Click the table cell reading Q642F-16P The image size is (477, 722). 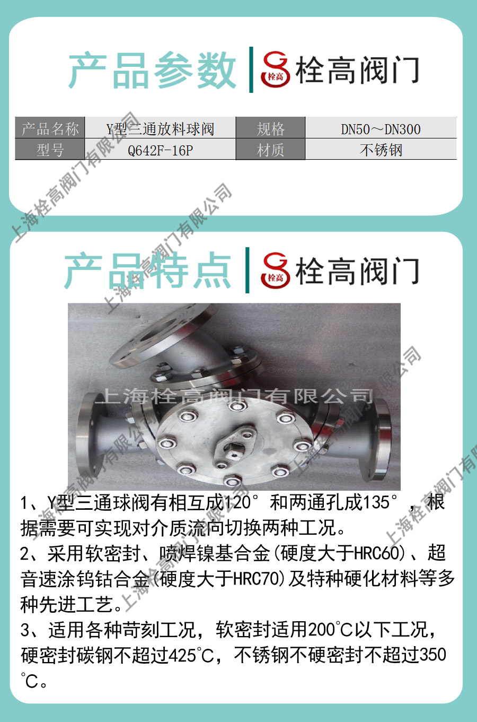tap(160, 149)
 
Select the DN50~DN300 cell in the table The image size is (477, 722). tap(381, 128)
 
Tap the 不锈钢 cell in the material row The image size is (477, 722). tap(381, 149)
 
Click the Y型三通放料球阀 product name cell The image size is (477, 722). tap(160, 128)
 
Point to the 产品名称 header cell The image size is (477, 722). tap(50, 128)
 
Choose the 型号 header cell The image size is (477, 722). tap(50, 149)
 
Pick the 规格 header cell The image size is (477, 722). tap(270, 128)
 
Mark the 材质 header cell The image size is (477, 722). tap(270, 149)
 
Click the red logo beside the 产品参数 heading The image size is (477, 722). tap(276, 69)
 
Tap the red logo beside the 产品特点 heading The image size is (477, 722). tap(276, 271)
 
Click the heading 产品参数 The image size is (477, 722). tap(152, 70)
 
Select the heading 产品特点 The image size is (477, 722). tap(148, 270)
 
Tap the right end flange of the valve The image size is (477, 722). tap(380, 439)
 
